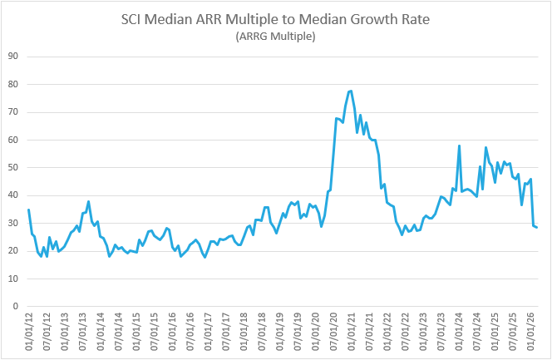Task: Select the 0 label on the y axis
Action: pos(17,306)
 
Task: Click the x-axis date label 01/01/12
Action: pos(28,331)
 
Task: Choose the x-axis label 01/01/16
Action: pos(172,331)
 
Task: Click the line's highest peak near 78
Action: pos(351,91)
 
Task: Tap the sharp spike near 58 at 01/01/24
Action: pos(460,145)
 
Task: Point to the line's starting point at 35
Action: pos(28,210)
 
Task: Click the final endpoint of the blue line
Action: pos(537,227)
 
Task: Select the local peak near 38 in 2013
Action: pos(88,201)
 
